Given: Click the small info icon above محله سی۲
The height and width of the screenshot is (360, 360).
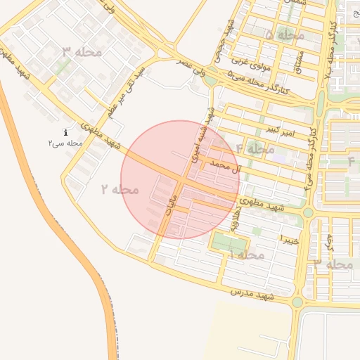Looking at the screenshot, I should (65, 132).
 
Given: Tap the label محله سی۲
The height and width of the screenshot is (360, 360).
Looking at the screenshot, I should (65, 143).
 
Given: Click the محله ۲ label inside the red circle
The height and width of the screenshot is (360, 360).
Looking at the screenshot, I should (120, 189).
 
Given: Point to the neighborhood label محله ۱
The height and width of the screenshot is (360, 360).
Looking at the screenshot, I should (246, 254).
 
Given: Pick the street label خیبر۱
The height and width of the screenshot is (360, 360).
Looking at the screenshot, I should (290, 240).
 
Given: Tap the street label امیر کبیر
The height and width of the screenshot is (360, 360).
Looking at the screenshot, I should (281, 131).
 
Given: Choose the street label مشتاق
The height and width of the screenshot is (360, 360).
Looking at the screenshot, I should (300, 63).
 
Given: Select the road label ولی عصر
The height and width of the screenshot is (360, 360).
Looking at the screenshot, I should (193, 70).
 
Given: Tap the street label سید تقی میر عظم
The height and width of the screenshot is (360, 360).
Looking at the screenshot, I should (126, 91).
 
